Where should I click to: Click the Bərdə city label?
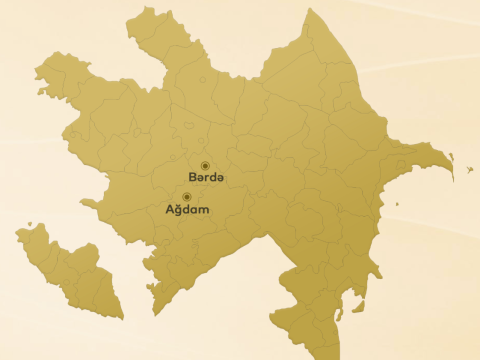pyautogui.click(x=207, y=177)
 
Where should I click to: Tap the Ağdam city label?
pyautogui.click(x=187, y=210)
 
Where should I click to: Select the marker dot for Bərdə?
pyautogui.click(x=205, y=165)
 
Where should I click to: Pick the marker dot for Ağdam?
pyautogui.click(x=186, y=197)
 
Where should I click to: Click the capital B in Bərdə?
pyautogui.click(x=192, y=177)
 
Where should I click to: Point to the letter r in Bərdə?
pyautogui.click(x=206, y=178)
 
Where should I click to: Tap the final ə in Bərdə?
pyautogui.click(x=221, y=178)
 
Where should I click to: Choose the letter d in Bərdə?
pyautogui.click(x=213, y=177)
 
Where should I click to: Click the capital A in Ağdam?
pyautogui.click(x=169, y=210)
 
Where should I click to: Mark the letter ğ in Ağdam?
pyautogui.click(x=178, y=211)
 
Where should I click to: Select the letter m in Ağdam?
pyautogui.click(x=204, y=211)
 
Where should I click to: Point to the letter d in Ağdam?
pyautogui.click(x=186, y=210)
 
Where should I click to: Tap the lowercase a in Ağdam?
pyautogui.click(x=195, y=211)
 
